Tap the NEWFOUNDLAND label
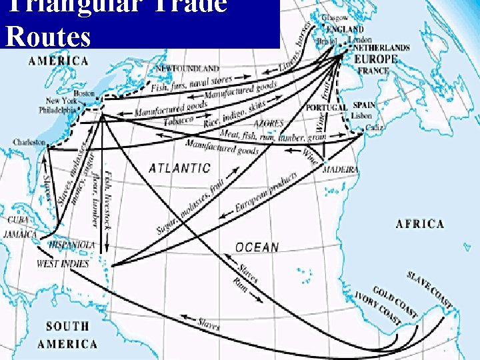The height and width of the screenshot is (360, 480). coord(187,68)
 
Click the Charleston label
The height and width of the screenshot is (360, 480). coord(29,143)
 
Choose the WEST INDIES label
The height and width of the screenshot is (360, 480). coord(63,263)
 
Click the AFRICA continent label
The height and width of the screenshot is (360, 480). coord(420,223)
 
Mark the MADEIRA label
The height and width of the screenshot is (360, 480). coord(340,169)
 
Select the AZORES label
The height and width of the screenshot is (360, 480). coord(269,124)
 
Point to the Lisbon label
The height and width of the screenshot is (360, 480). coord(362,115)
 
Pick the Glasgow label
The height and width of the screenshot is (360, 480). coord(335,17)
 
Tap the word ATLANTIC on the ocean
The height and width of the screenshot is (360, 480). coord(179,169)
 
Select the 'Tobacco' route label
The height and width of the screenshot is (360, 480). coord(179,120)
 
